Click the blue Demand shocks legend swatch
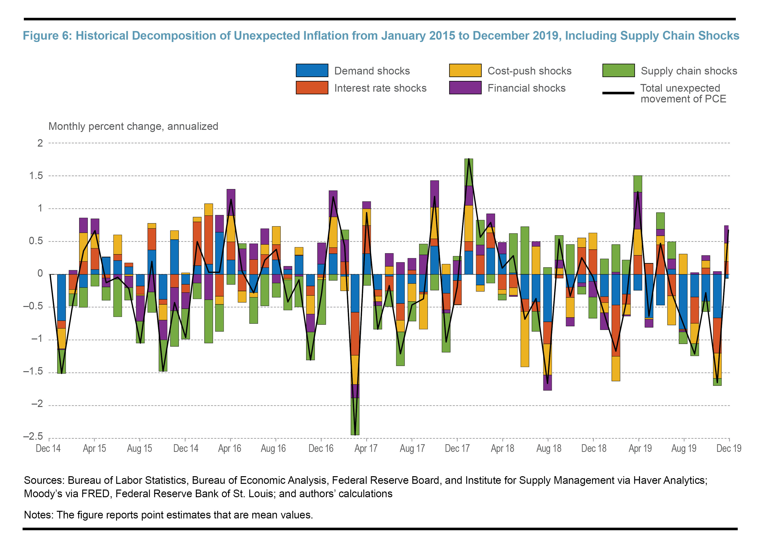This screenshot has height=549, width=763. pyautogui.click(x=312, y=70)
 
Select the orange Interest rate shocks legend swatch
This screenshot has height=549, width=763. pyautogui.click(x=312, y=88)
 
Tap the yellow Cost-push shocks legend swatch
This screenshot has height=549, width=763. pyautogui.click(x=465, y=70)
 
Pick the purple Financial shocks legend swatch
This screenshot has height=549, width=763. pyautogui.click(x=465, y=88)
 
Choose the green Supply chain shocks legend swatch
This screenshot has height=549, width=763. pyautogui.click(x=618, y=70)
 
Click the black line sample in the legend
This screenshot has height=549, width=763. pyautogui.click(x=618, y=93)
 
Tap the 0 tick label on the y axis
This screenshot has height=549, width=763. pyautogui.click(x=40, y=274)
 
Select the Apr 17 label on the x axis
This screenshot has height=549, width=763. pyautogui.click(x=366, y=448)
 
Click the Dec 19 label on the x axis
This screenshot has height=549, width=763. pyautogui.click(x=729, y=448)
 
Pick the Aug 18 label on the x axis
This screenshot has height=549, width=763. pyautogui.click(x=548, y=448)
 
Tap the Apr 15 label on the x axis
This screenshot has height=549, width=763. pyautogui.click(x=94, y=448)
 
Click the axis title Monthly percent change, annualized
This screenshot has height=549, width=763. pyautogui.click(x=133, y=126)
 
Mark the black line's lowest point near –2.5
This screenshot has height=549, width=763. pyautogui.click(x=355, y=434)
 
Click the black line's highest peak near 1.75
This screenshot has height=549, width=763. pyautogui.click(x=469, y=159)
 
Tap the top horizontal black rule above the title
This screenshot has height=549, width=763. pyautogui.click(x=380, y=19)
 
